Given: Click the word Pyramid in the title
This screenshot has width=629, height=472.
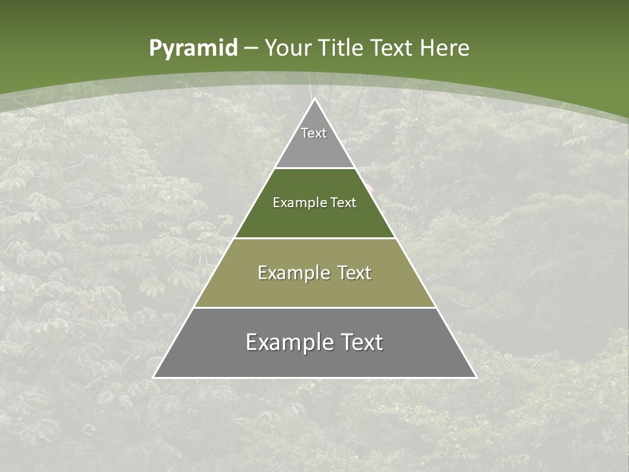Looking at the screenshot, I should click(193, 49).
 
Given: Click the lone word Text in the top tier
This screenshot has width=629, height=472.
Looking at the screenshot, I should click(314, 133).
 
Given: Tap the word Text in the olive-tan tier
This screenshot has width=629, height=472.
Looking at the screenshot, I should click(354, 273).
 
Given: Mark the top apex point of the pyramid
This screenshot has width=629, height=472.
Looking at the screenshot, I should click(314, 99).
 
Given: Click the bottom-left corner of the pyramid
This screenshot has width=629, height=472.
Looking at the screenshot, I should click(154, 377).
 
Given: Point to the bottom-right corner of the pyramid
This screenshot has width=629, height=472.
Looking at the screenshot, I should click(476, 377).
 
